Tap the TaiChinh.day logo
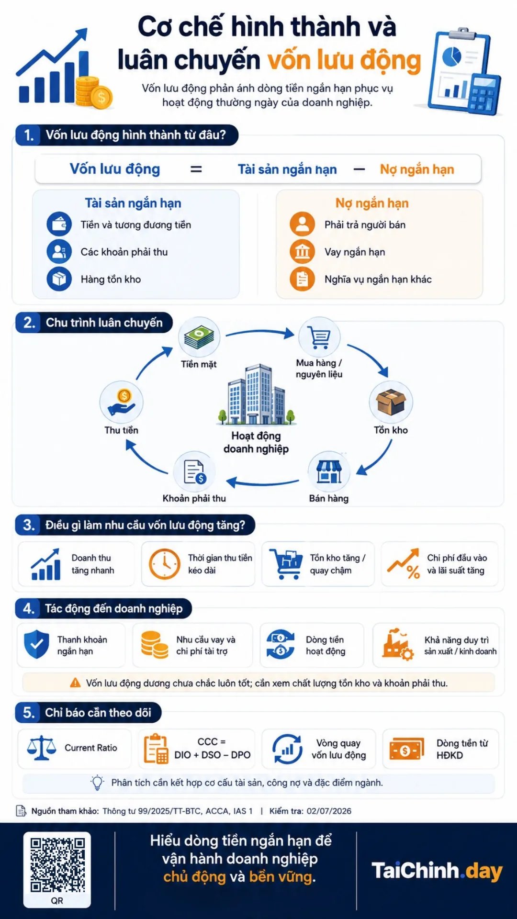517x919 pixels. (437, 871)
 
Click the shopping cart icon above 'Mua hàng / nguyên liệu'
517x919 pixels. (319, 337)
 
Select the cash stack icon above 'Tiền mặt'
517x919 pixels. (199, 337)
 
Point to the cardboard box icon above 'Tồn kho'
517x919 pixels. (391, 402)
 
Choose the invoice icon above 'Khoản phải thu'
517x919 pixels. (194, 472)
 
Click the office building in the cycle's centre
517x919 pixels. (256, 395)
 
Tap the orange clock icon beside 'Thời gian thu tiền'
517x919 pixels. (164, 564)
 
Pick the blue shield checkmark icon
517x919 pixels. (36, 644)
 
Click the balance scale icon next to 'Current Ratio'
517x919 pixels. (41, 748)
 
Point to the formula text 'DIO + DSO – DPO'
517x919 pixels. (212, 755)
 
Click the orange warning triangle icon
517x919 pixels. (75, 683)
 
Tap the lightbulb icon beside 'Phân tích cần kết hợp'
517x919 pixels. (97, 782)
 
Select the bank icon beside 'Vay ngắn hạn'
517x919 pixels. (302, 251)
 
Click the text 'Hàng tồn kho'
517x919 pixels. (111, 279)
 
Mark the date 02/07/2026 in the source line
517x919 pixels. (329, 811)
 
